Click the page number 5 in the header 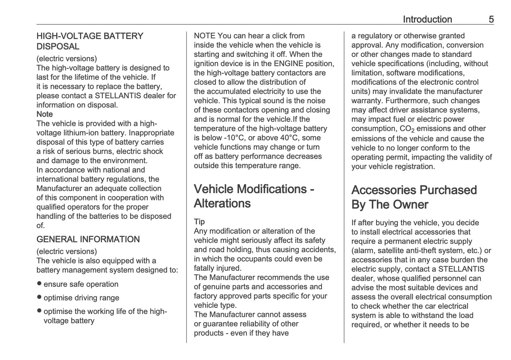click(x=491, y=19)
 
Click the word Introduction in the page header click(x=427, y=19)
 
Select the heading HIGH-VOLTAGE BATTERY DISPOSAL click(x=90, y=41)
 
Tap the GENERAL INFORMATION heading click(x=88, y=239)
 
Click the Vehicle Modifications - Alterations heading click(x=254, y=196)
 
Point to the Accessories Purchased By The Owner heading click(x=414, y=197)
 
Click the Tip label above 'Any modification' click(x=199, y=222)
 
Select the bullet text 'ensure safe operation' click(x=81, y=284)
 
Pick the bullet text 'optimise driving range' click(x=81, y=298)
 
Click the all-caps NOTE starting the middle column click(x=204, y=36)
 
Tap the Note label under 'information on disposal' click(x=45, y=114)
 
